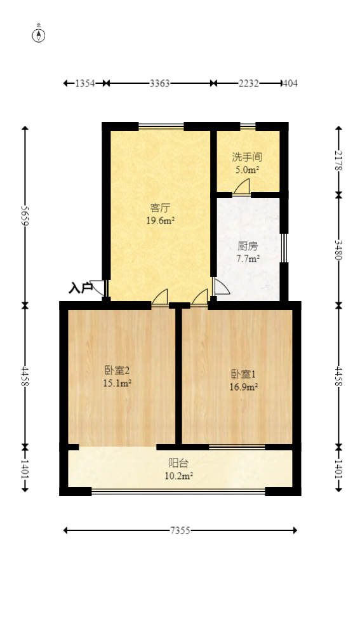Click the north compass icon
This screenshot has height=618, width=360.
39,34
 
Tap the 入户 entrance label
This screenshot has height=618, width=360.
80,288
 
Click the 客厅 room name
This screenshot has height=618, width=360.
160,208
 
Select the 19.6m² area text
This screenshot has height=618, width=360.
160,220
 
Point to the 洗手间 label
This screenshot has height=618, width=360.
247,157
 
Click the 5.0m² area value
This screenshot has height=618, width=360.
247,170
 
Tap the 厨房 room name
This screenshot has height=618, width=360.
248,246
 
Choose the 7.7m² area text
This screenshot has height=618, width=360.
248,259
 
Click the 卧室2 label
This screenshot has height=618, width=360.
117,370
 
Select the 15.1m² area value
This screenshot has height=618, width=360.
117,383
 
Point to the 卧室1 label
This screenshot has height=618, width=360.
243,373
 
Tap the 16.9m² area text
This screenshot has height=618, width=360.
243,386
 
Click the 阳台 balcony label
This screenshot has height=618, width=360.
178,463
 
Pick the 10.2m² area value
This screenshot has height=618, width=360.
178,475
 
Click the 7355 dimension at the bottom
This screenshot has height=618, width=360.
180,530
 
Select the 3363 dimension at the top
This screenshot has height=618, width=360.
159,83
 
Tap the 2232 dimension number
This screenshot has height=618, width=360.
248,83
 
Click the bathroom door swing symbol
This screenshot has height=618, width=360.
242,187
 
